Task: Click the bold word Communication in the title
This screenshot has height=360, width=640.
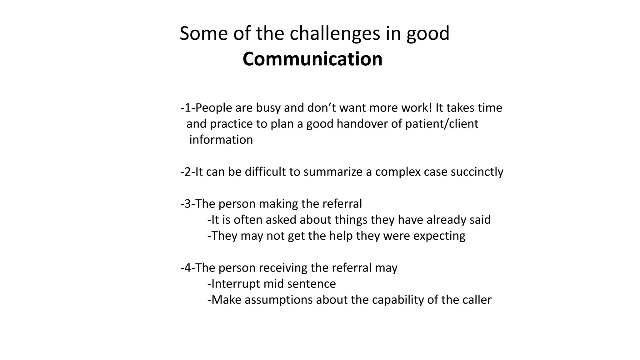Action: (x=312, y=59)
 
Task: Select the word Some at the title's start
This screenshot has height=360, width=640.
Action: (x=204, y=33)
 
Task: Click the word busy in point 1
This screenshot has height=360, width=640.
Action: (x=268, y=108)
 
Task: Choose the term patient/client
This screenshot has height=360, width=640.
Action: (x=442, y=124)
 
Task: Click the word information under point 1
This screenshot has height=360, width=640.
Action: (x=221, y=140)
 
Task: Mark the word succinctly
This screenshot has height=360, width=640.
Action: (x=477, y=172)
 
